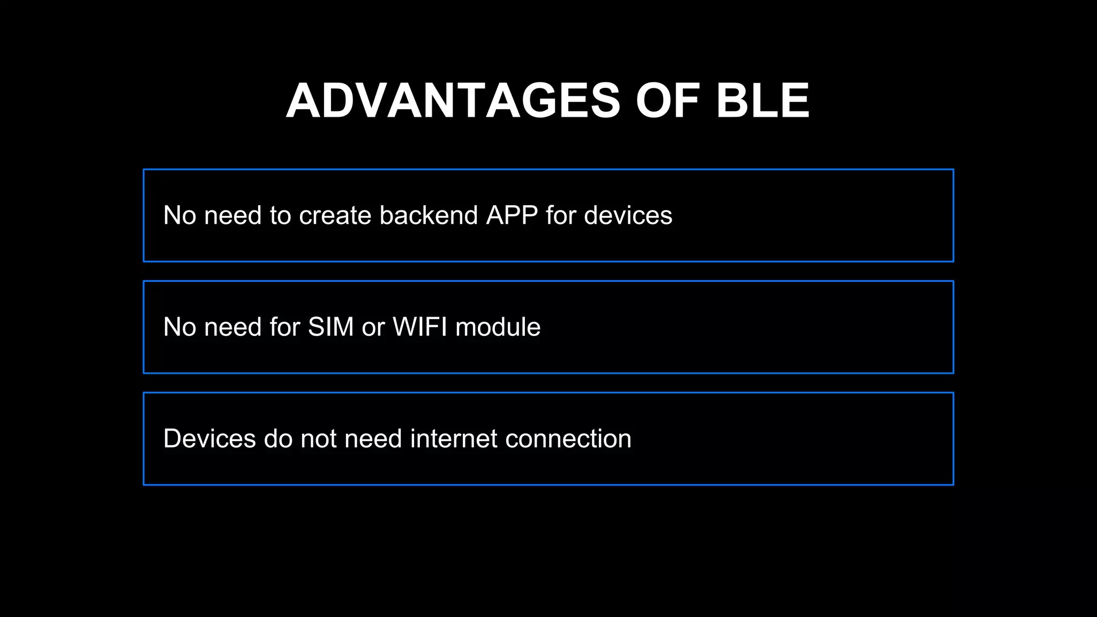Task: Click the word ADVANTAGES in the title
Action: pyautogui.click(x=453, y=101)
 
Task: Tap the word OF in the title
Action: pyautogui.click(x=667, y=101)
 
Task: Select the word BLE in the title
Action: pyautogui.click(x=762, y=101)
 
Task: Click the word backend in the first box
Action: pyautogui.click(x=429, y=215)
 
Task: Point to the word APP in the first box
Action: pyautogui.click(x=512, y=215)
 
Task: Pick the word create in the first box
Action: pyautogui.click(x=335, y=215)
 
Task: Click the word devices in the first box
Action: pyautogui.click(x=628, y=215)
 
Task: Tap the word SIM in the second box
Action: pyautogui.click(x=330, y=327)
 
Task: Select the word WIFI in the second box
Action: pyautogui.click(x=420, y=327)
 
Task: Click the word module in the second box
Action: pyautogui.click(x=498, y=327)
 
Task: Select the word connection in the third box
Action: pyautogui.click(x=568, y=439)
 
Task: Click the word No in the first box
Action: pyautogui.click(x=179, y=215)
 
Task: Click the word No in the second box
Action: pyautogui.click(x=179, y=327)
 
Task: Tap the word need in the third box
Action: pyautogui.click(x=373, y=439)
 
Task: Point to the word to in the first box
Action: pyautogui.click(x=280, y=215)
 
